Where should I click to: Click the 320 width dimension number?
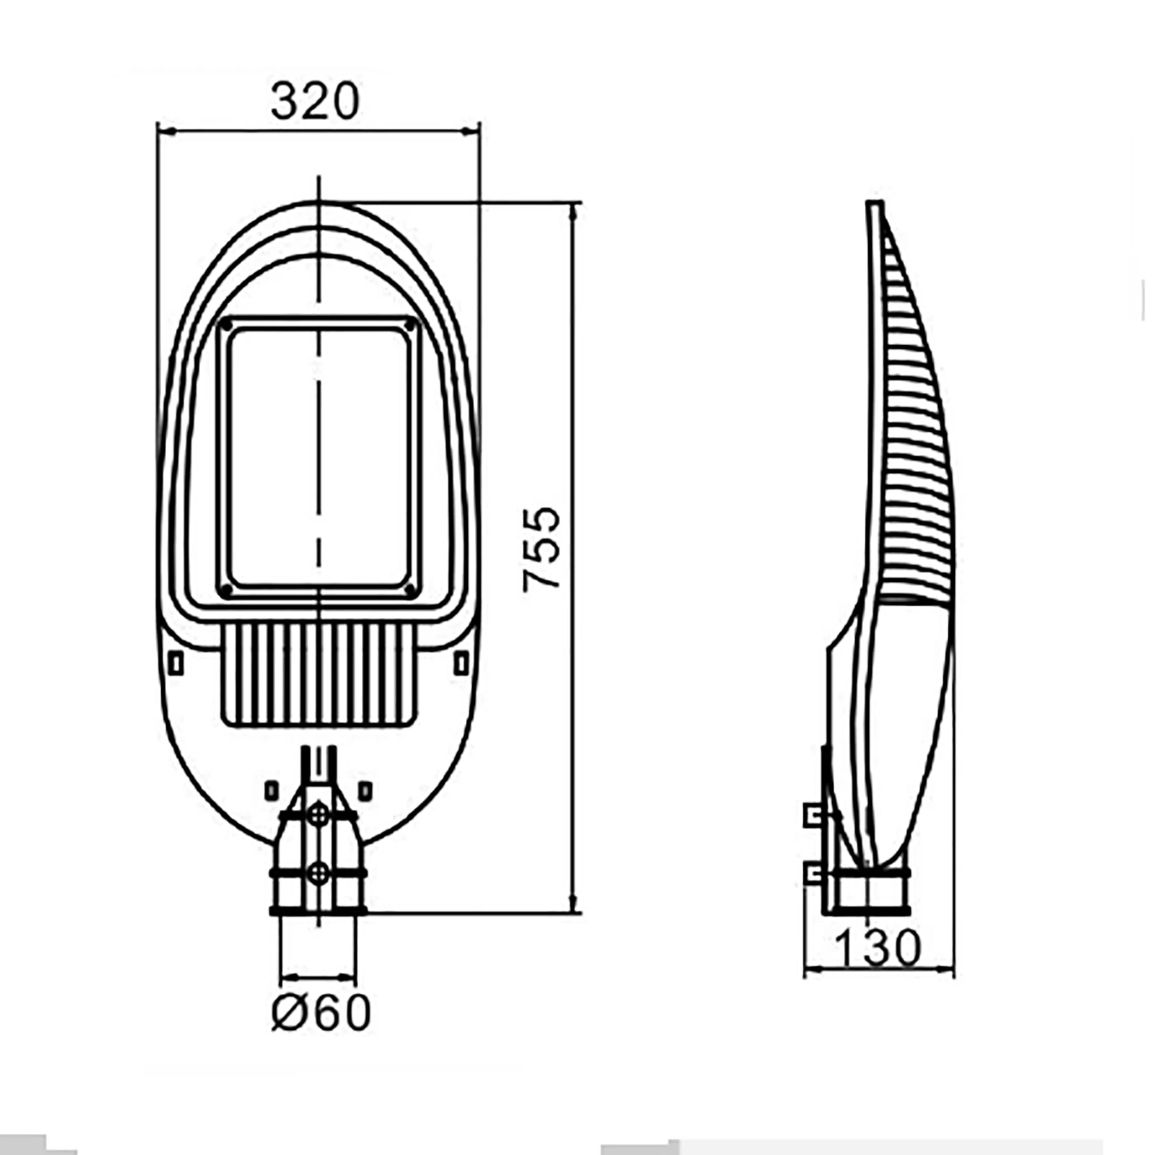tap(314, 101)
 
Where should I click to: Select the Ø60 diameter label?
tap(321, 1013)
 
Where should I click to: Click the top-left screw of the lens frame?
tap(226, 326)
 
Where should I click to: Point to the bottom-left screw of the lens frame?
tap(226, 589)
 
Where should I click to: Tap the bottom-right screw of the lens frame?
tap(409, 588)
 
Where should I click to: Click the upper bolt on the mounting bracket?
tap(318, 815)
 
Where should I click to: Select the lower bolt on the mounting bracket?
tap(318, 872)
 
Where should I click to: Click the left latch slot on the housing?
tap(176, 663)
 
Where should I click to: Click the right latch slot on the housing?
tap(461, 663)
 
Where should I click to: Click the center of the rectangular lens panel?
tap(318, 457)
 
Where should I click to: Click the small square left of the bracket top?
tap(271, 791)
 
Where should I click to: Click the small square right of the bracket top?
tap(365, 791)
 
